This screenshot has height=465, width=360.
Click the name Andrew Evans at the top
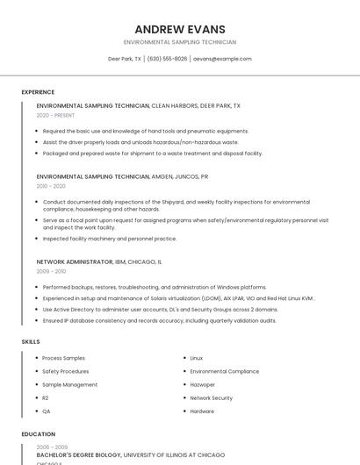180,29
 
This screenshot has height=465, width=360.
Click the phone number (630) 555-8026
167,59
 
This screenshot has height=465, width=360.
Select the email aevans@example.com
222,59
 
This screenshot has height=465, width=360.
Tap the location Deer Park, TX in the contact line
125,59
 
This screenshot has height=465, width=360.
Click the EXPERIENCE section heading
38,92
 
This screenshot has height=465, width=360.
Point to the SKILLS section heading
31,341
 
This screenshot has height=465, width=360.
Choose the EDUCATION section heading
39,433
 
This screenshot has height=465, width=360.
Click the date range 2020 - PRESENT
55,115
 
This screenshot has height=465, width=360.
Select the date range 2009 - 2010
51,271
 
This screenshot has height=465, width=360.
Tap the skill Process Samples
63,358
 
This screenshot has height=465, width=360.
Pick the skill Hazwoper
202,384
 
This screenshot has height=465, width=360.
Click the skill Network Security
211,397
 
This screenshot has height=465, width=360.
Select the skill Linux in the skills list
196,358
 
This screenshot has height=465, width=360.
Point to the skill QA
46,411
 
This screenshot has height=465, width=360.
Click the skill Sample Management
69,384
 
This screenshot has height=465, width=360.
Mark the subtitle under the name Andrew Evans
180,42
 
